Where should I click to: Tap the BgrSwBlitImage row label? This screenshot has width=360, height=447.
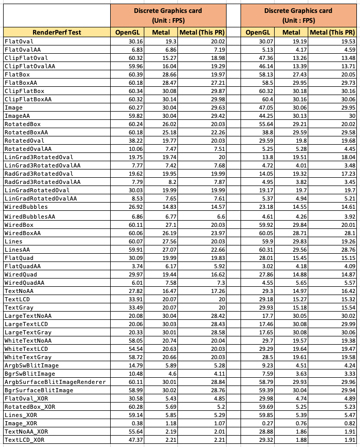pos(29,374)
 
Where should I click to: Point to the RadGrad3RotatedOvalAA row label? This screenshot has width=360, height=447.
pos(42,182)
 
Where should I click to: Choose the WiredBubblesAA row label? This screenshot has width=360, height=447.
pos(29,217)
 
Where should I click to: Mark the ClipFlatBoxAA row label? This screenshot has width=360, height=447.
pos(27,99)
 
